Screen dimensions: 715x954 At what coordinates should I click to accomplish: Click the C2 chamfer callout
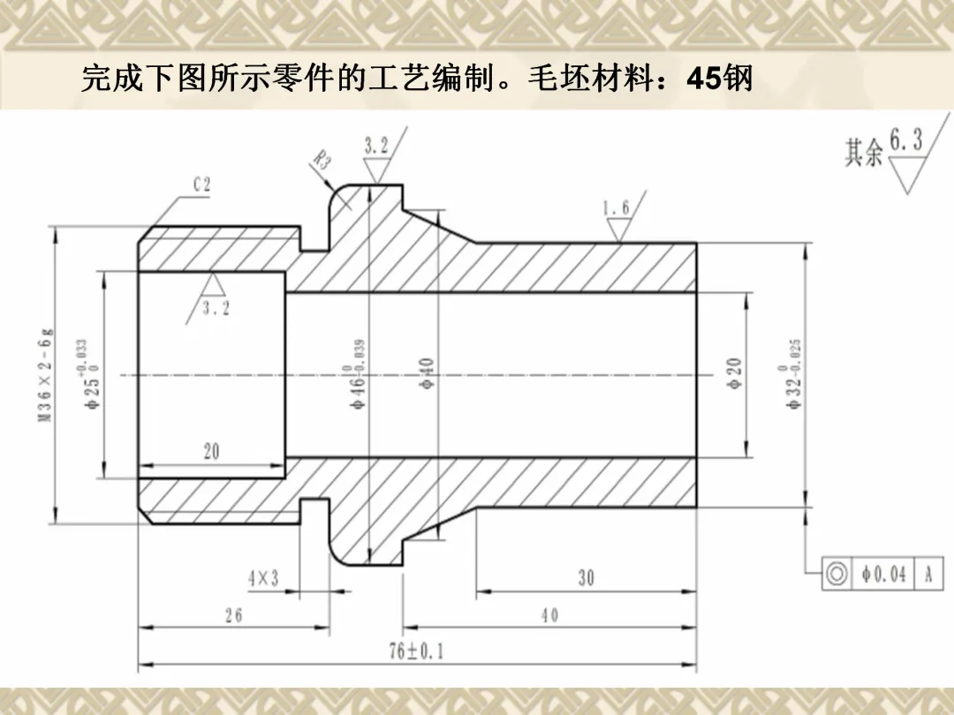[x=202, y=184]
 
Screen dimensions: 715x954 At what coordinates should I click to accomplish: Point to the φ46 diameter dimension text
[x=359, y=375]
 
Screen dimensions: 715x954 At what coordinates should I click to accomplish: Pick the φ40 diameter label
[x=425, y=374]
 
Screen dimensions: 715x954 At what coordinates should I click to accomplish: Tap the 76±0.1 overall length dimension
[x=417, y=651]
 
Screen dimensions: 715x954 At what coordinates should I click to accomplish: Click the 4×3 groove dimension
[x=262, y=578]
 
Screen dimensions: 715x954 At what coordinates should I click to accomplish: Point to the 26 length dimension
[x=233, y=615]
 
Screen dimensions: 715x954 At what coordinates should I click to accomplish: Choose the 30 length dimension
[x=586, y=578]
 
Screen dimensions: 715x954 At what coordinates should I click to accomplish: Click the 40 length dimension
[x=549, y=615]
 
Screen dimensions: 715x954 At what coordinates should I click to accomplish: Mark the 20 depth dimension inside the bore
[x=211, y=452]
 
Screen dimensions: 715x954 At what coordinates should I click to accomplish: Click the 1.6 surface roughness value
[x=617, y=208]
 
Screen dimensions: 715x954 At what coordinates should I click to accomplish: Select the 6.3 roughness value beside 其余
[x=905, y=139]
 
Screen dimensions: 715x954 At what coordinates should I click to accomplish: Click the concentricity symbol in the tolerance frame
[x=836, y=575]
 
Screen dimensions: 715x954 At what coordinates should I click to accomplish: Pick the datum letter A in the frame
[x=928, y=575]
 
